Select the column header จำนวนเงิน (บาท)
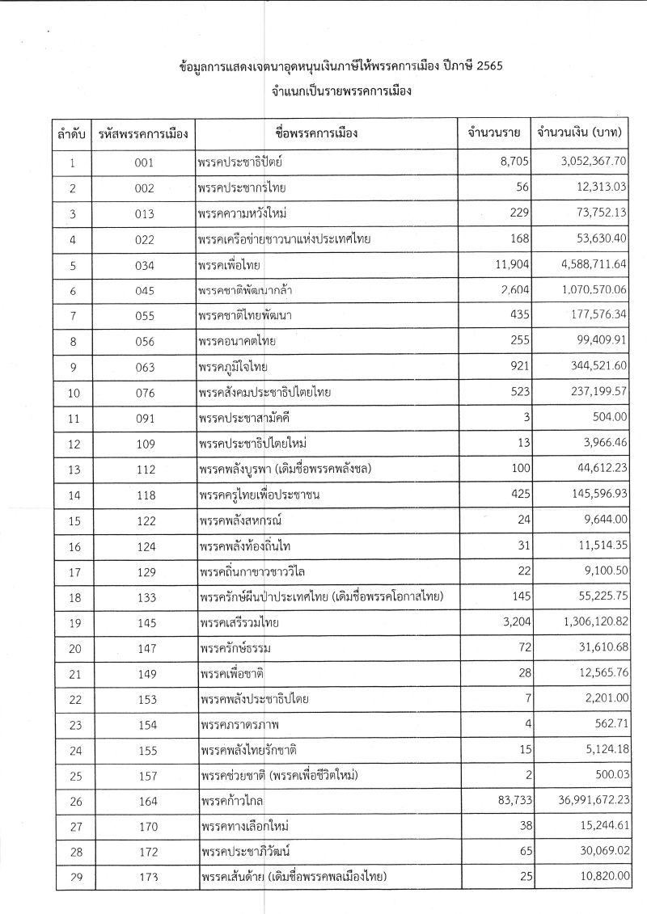point(579,132)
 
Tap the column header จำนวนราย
point(488,132)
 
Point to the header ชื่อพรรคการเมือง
point(322,132)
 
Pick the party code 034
point(144,264)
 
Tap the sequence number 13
point(73,469)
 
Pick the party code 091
point(144,418)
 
